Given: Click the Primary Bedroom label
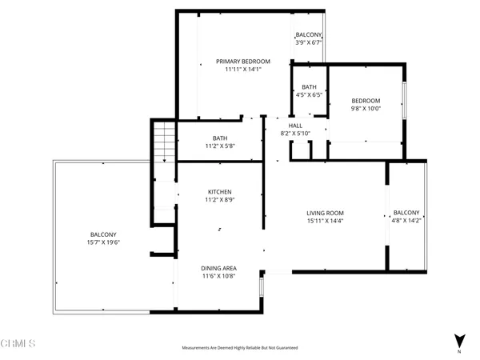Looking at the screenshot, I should (243, 62).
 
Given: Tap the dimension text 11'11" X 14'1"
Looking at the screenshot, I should (243, 70).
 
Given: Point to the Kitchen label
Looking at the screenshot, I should (220, 192).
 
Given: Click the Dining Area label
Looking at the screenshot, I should (219, 268).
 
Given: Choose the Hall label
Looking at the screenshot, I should (295, 126).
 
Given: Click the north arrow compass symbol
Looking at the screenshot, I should (458, 340).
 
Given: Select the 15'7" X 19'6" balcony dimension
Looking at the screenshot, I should (102, 242).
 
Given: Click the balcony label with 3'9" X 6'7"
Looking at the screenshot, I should (309, 35).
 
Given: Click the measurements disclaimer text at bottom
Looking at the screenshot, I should (240, 348).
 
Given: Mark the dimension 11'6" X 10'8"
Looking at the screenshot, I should (219, 276).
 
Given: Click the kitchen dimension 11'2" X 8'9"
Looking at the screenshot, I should (220, 200).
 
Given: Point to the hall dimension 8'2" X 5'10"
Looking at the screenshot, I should (295, 134).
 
